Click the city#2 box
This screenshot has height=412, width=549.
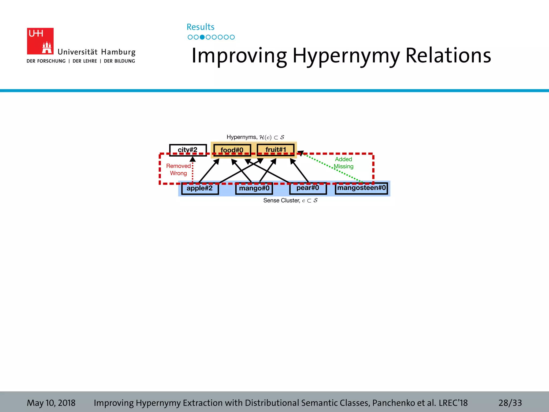coord(188,150)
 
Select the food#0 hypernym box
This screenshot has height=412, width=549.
coord(232,150)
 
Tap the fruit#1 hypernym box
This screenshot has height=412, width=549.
coord(276,149)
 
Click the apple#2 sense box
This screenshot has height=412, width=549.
coord(200,188)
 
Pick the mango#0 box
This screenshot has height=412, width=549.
coord(254,188)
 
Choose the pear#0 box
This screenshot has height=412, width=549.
coord(308,188)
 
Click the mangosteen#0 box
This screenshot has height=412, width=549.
coord(361,188)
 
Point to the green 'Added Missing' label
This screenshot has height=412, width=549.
coord(343,163)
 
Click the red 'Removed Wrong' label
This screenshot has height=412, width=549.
coord(178,170)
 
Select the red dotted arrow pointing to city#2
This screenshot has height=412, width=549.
coord(192,172)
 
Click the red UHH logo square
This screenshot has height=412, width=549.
coord(40,41)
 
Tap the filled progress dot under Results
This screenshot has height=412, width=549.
coord(202,37)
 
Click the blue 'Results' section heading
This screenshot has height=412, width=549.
coord(201,27)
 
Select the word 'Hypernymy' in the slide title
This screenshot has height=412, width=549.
coord(346,56)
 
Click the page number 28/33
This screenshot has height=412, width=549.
coord(510,403)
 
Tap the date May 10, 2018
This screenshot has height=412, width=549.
coord(51,403)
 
